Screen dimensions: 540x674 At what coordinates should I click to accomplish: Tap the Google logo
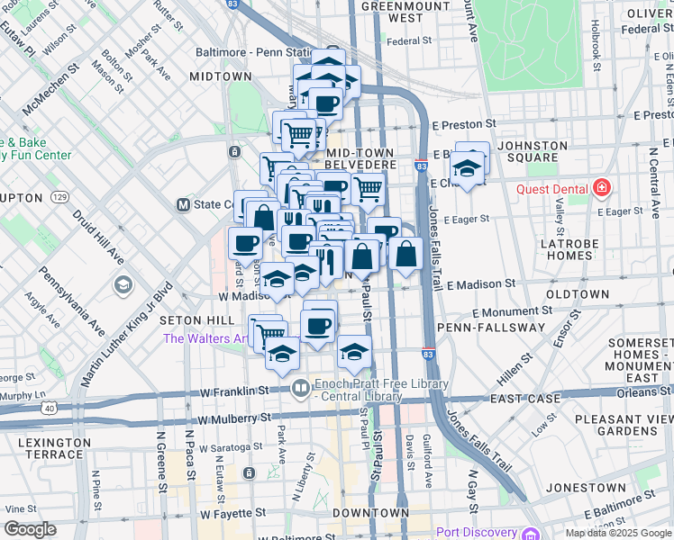(x=30, y=529)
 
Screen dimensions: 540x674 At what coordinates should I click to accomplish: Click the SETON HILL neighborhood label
(x=190, y=320)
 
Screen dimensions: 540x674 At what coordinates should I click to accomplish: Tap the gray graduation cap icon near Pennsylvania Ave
(x=123, y=285)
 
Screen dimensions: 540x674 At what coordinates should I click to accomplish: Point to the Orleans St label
(x=645, y=391)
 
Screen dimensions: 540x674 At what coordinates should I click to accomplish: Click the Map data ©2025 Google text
(x=617, y=532)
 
